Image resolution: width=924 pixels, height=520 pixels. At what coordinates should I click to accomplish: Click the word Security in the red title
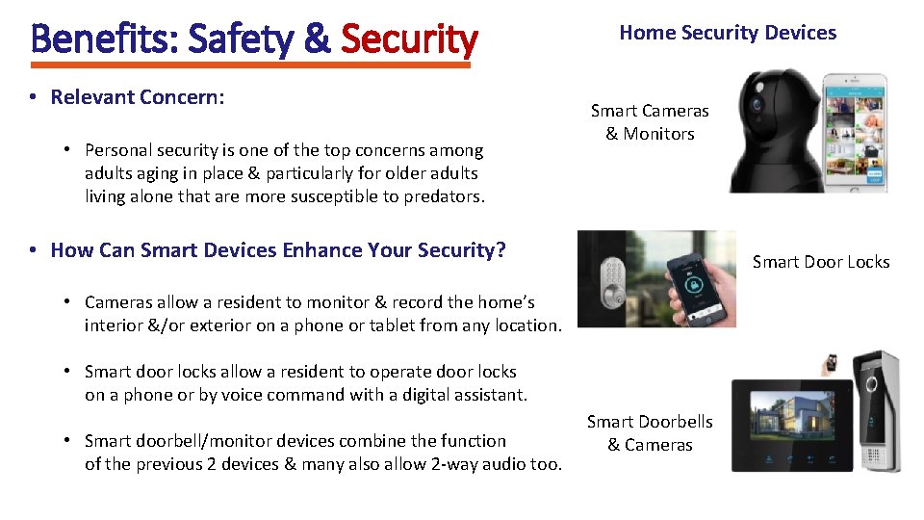409,39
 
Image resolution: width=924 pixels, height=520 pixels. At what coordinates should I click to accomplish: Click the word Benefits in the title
105,39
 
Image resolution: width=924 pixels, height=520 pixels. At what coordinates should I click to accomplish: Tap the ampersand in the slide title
316,39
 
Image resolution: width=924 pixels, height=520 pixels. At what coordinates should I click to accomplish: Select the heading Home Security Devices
728,33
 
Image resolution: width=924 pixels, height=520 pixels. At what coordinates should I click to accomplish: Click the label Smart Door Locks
821,262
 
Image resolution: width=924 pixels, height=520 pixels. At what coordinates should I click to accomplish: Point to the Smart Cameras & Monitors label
650,122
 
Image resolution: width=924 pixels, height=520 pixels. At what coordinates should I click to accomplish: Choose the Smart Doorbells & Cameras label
650,433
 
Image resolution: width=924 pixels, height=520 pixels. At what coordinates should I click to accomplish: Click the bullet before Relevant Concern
33,97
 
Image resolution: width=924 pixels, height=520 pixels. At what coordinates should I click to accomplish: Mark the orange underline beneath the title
250,65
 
